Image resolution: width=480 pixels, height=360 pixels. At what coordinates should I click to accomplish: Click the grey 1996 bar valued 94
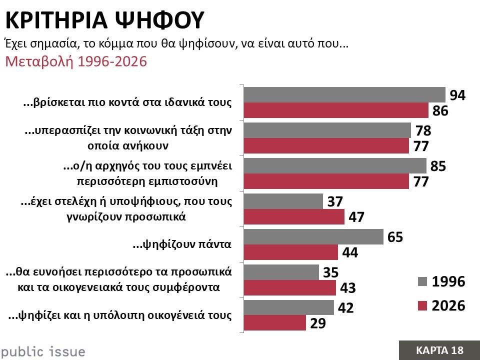[344, 94]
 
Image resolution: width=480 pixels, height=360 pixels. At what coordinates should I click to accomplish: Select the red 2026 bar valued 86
[335, 110]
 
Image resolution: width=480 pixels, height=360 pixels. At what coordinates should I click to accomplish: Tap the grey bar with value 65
[313, 236]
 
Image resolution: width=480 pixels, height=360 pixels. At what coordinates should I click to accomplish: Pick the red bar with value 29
[274, 323]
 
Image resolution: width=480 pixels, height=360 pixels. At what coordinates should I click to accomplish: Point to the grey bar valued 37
[283, 201]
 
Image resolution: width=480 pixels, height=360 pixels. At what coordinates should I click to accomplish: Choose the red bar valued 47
[294, 217]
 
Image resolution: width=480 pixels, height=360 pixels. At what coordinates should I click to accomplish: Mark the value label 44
[349, 253]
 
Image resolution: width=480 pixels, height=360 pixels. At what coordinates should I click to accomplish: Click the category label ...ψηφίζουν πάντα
[181, 245]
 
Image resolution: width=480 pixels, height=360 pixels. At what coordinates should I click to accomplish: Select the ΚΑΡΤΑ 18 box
[439, 350]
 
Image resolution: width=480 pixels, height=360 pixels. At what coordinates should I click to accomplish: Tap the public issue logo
[43, 351]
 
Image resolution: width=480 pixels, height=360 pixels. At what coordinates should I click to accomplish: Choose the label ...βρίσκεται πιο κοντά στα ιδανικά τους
[128, 103]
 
